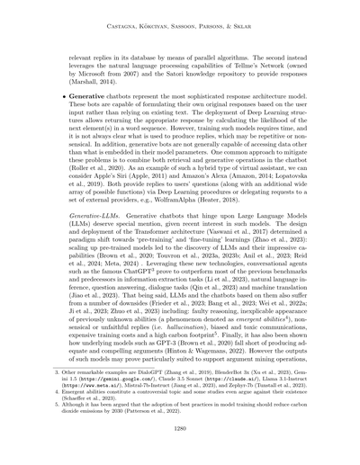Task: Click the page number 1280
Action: coord(180,430)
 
